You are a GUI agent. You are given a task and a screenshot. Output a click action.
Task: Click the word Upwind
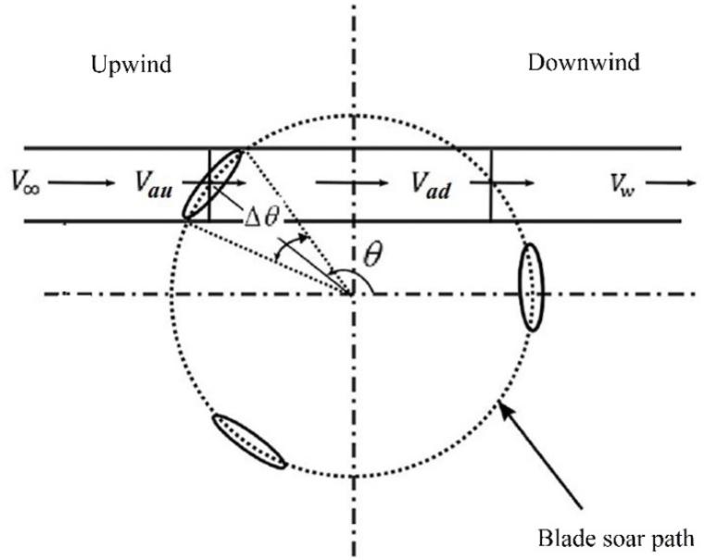pos(132,65)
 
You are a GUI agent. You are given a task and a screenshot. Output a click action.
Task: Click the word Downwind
pos(584,64)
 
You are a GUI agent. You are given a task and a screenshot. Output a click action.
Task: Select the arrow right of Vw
pos(673,183)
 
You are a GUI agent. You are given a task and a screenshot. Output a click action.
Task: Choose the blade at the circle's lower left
pos(249,442)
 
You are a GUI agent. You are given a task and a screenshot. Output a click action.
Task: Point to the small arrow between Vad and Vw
pos(511,183)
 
